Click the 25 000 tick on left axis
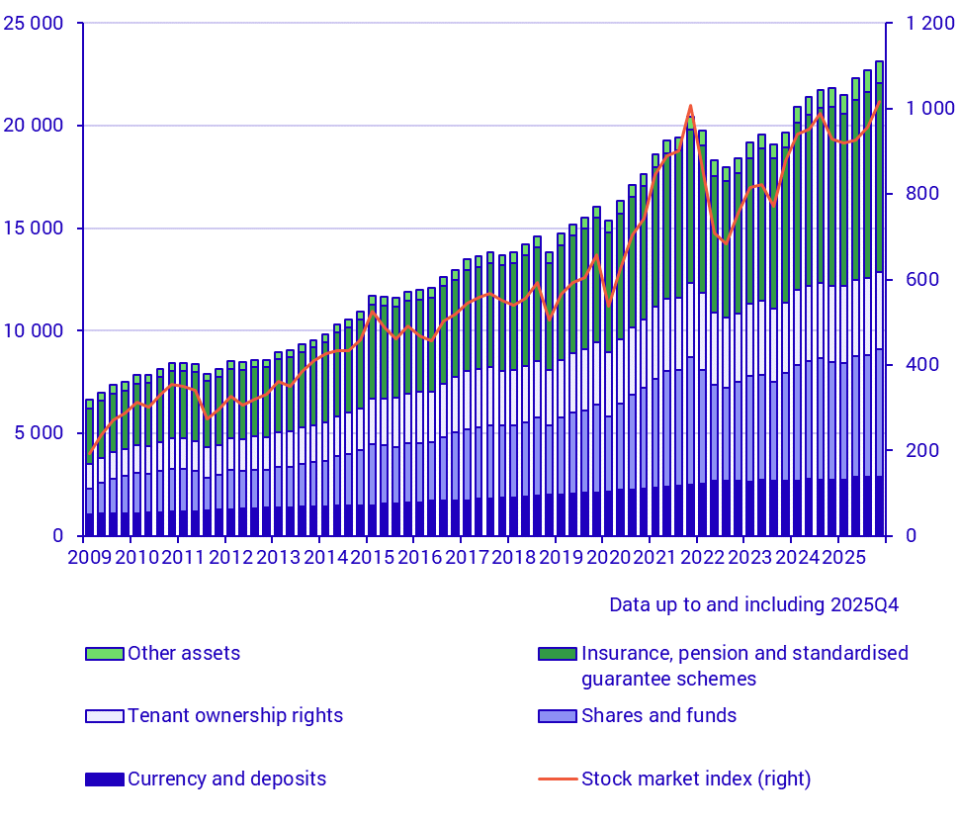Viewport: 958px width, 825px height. click(36, 23)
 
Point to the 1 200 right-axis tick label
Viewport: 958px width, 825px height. click(919, 23)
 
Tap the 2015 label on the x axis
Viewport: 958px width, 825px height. click(370, 557)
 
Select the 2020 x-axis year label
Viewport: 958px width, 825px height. click(606, 557)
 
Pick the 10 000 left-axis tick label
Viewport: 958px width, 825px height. click(36, 330)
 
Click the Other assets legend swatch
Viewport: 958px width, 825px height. click(104, 654)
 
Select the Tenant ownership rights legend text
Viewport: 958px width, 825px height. click(234, 715)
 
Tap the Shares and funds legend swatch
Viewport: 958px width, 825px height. click(558, 715)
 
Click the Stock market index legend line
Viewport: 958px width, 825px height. click(558, 779)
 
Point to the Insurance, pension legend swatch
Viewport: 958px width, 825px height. click(558, 654)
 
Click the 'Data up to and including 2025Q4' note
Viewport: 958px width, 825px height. click(753, 604)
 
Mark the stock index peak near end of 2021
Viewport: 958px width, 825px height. click(690, 106)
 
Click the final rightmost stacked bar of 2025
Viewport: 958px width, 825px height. click(879, 297)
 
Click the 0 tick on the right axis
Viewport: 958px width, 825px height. click(901, 536)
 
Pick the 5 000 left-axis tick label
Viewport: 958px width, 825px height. click(42, 433)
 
